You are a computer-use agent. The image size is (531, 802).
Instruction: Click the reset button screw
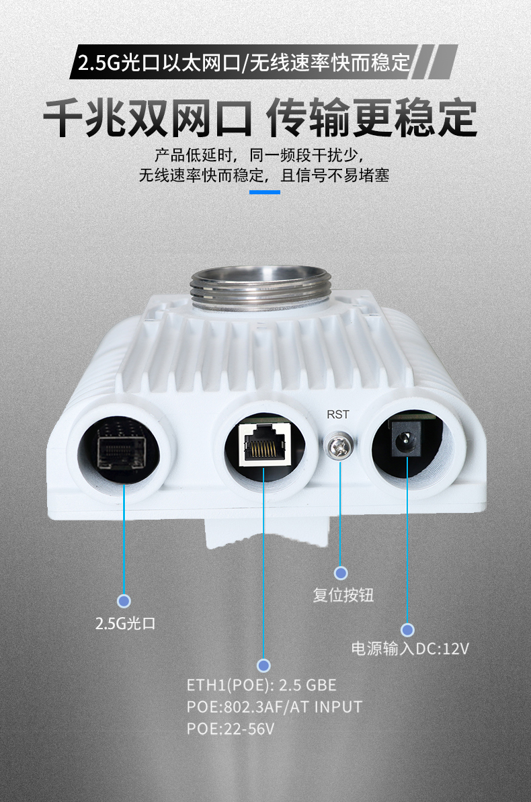click(x=339, y=444)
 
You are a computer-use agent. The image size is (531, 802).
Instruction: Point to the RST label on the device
click(x=337, y=414)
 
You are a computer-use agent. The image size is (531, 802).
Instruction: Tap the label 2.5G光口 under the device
click(x=125, y=623)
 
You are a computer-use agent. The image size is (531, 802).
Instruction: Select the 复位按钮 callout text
click(x=343, y=595)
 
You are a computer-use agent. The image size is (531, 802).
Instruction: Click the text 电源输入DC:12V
click(x=410, y=649)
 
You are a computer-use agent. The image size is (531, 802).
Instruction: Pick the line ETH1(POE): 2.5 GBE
click(x=261, y=685)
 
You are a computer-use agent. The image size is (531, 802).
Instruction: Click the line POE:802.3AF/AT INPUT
click(x=274, y=707)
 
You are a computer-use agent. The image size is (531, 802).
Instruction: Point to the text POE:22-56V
click(x=230, y=728)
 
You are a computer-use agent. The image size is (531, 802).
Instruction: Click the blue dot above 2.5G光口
click(x=124, y=601)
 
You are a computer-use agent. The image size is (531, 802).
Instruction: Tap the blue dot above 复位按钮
click(x=341, y=573)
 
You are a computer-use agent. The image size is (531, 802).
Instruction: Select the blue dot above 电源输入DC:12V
click(x=407, y=630)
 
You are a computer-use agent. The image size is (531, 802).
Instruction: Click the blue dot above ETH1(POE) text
click(x=263, y=666)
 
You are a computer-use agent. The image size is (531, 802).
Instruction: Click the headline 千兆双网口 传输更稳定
click(x=260, y=118)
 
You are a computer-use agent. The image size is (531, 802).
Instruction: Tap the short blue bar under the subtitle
click(x=265, y=192)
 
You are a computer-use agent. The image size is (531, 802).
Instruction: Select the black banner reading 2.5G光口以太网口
click(x=263, y=63)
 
